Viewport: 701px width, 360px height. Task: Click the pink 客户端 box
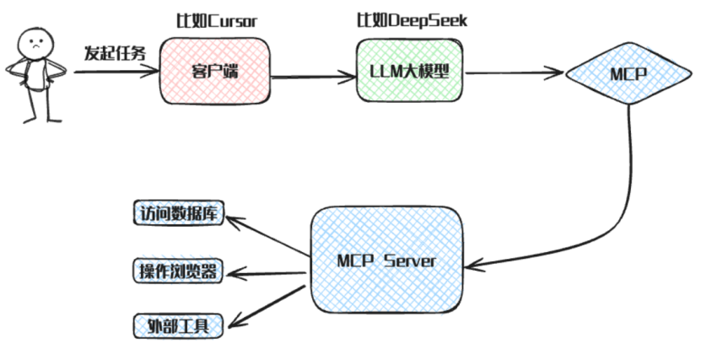pos(214,73)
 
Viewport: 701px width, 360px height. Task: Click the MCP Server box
pos(387,260)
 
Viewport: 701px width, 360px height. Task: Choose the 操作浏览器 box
pos(178,271)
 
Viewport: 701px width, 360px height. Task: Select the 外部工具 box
pos(177,325)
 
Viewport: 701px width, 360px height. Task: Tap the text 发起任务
pos(114,52)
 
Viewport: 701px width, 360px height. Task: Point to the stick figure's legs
pos(38,105)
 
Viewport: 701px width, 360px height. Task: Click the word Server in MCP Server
pos(410,261)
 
